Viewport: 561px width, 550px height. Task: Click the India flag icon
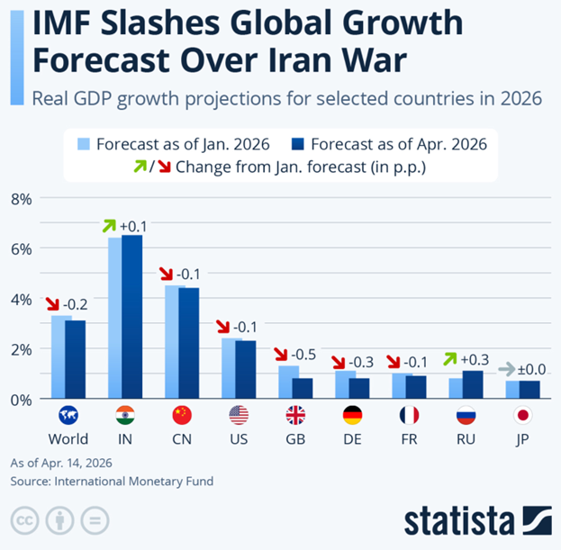click(125, 415)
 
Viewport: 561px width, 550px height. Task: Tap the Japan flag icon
click(522, 415)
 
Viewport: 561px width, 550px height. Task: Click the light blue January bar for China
click(175, 342)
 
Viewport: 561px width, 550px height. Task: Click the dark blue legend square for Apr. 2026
click(299, 144)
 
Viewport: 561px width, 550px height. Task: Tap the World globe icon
click(68, 415)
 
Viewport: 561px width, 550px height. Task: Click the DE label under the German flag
click(352, 439)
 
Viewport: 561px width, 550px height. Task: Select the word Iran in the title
click(285, 62)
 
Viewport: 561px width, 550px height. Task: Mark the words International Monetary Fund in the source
click(136, 482)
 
